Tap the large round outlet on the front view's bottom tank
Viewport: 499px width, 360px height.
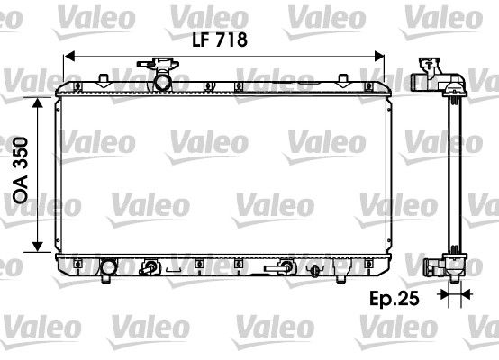109,267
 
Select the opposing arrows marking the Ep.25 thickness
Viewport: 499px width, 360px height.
453,294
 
